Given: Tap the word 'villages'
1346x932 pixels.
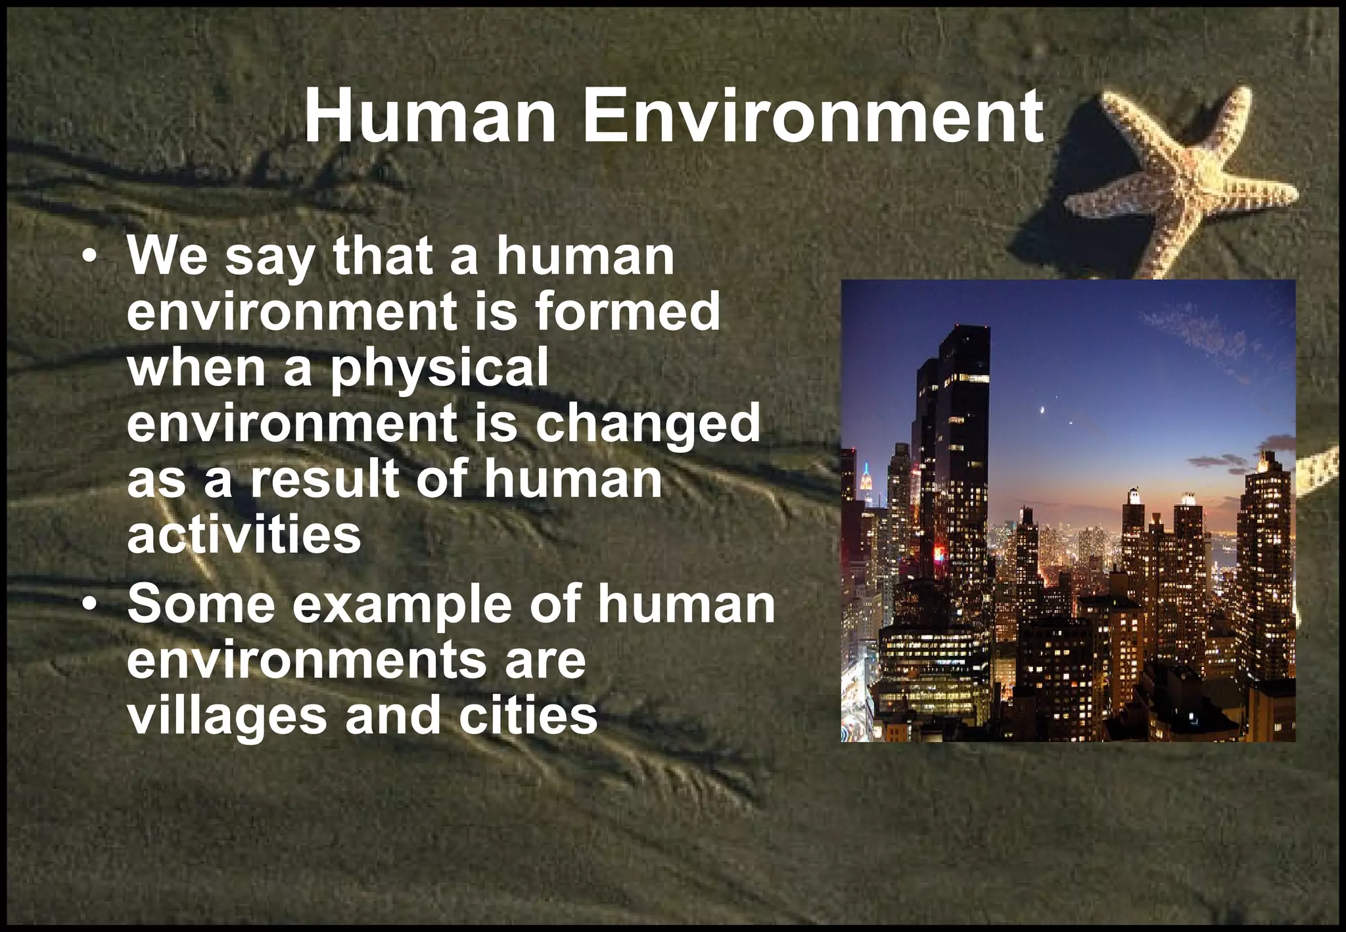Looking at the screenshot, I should tap(227, 716).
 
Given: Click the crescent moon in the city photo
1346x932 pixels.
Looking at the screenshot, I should tap(1042, 410).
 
